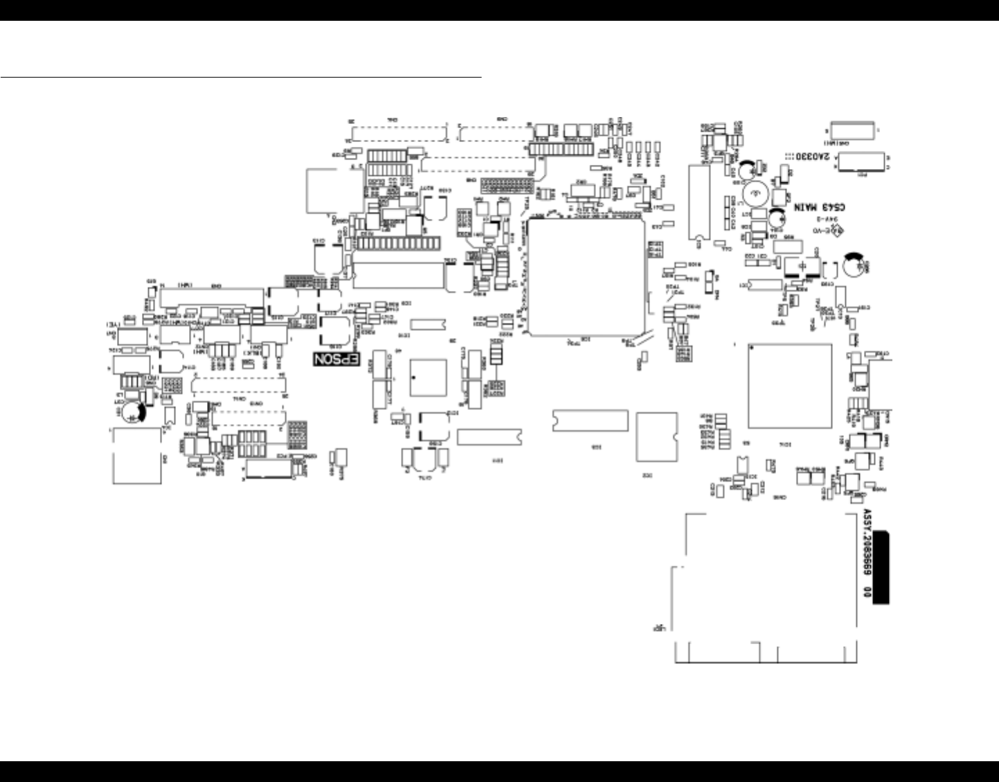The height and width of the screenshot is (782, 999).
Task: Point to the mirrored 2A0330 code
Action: click(812, 157)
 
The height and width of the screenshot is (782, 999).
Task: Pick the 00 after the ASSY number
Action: click(865, 593)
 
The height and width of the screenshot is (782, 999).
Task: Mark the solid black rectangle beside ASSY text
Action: click(881, 568)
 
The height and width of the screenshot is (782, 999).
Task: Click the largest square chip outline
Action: click(586, 277)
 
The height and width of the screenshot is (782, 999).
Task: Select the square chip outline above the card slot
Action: click(789, 386)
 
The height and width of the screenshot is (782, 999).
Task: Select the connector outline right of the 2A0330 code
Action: click(863, 162)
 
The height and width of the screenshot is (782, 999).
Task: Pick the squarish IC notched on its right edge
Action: click(656, 436)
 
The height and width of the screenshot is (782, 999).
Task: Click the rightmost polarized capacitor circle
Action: click(854, 266)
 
